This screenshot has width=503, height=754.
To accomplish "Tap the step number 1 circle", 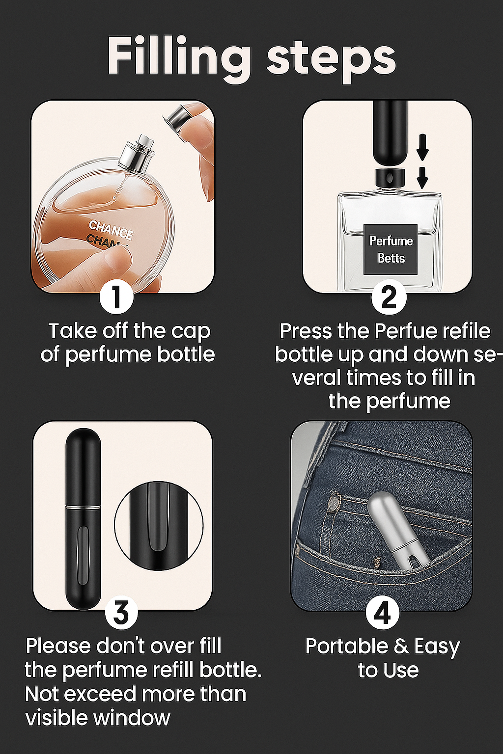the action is coord(116,296).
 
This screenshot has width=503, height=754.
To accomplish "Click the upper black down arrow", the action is coord(422,148).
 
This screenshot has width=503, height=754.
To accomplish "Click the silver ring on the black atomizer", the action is coord(83,506).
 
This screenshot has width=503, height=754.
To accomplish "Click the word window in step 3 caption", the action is coord(132,718).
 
